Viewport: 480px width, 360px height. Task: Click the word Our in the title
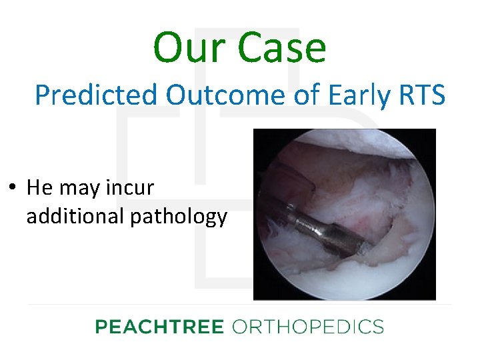tap(187, 48)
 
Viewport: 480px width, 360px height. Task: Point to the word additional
tap(73, 217)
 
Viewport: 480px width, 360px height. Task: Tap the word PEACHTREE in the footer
tap(159, 327)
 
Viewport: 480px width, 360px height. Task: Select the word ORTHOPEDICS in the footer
tap(307, 327)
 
